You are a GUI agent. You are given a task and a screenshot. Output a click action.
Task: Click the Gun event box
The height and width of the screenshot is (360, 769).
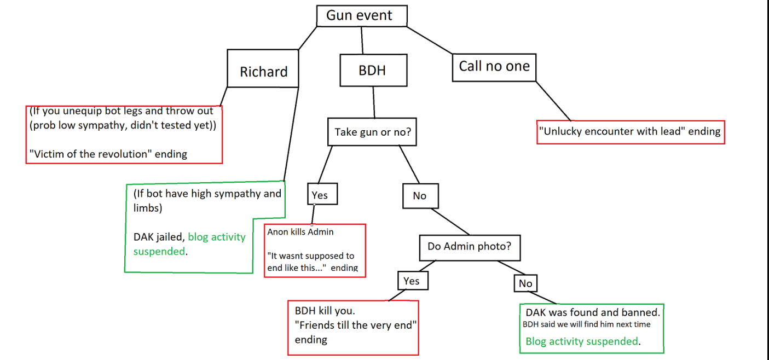pyautogui.click(x=362, y=16)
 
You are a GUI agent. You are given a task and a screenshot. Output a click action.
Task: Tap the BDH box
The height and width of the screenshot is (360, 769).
pyautogui.click(x=372, y=70)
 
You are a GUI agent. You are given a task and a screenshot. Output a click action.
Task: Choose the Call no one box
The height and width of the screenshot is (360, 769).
pyautogui.click(x=494, y=67)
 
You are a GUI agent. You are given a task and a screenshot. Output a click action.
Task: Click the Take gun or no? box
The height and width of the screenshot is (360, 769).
pyautogui.click(x=372, y=132)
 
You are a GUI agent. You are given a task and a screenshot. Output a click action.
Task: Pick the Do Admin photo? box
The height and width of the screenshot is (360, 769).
pyautogui.click(x=469, y=247)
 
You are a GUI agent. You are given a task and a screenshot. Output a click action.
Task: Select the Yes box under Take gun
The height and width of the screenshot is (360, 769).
pyautogui.click(x=322, y=195)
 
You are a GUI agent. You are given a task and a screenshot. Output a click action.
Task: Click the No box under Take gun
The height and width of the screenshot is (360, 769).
pyautogui.click(x=420, y=196)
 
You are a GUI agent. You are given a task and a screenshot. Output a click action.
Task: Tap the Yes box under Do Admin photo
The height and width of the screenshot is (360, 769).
pyautogui.click(x=412, y=281)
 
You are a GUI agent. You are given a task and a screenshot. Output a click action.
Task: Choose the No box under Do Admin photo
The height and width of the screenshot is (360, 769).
pyautogui.click(x=525, y=283)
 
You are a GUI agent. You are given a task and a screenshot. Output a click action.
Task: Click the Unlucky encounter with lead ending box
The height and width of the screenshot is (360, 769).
pyautogui.click(x=631, y=132)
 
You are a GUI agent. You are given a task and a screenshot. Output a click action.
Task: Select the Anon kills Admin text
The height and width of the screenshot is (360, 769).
pyautogui.click(x=300, y=232)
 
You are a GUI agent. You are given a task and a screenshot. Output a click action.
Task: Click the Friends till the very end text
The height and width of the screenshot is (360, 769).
pyautogui.click(x=356, y=325)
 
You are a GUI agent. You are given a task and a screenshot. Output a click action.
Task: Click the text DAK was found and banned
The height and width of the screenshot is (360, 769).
pyautogui.click(x=592, y=313)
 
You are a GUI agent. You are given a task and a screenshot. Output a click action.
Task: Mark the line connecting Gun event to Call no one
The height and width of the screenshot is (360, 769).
pyautogui.click(x=430, y=39)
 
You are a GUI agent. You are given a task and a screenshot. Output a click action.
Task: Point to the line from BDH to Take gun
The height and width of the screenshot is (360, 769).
pyautogui.click(x=374, y=102)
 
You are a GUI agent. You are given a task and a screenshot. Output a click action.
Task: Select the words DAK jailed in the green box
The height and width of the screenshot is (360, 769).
pyautogui.click(x=158, y=237)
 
